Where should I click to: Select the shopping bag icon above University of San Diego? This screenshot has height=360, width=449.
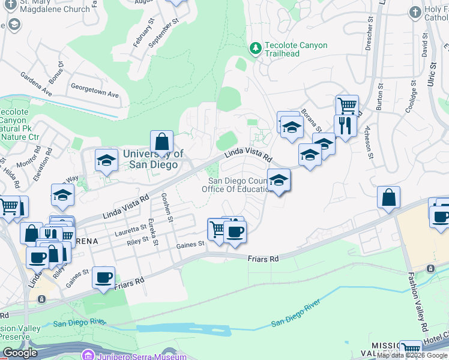pyautogui.click(x=161, y=143)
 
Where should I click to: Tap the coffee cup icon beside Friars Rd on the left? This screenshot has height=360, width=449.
pyautogui.click(x=104, y=278)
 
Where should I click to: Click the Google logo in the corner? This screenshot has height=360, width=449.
pyautogui.click(x=20, y=353)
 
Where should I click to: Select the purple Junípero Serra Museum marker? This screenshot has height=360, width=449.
pyautogui.click(x=88, y=355)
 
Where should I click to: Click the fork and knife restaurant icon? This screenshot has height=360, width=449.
pyautogui.click(x=345, y=126)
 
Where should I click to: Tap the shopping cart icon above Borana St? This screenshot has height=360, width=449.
pyautogui.click(x=347, y=106)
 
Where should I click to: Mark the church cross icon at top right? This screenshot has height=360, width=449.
pyautogui.click(x=414, y=11)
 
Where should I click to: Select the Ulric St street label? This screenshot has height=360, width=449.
pyautogui.click(x=431, y=70)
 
